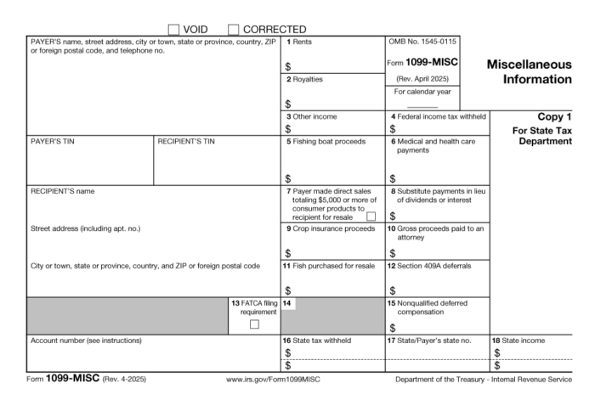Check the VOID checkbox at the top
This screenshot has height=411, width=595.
coord(174,30)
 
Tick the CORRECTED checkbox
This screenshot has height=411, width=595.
coord(234,30)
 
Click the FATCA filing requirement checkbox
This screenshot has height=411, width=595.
coord(254,324)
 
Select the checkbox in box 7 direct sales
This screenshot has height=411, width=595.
coord(371,217)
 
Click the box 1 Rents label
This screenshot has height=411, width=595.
coord(299,42)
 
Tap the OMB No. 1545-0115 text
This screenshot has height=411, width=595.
coord(422,42)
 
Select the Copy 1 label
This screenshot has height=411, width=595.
coord(554,116)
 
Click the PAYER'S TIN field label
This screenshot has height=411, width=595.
coord(52,141)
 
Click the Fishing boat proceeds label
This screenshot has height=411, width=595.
coord(329,141)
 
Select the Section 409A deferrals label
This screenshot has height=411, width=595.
coord(431,266)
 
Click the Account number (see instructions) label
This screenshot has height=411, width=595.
coord(86,341)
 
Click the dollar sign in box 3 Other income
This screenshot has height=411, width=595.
coord(288,129)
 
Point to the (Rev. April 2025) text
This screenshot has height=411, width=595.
coord(422,78)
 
